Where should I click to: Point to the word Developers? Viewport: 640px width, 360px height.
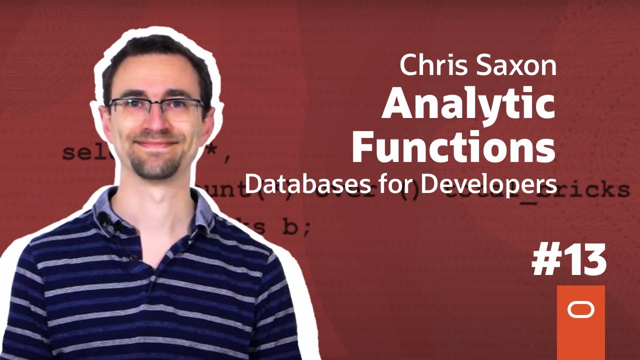[488, 185]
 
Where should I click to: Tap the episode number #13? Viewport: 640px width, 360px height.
[569, 261]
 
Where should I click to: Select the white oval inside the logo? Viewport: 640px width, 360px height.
[580, 310]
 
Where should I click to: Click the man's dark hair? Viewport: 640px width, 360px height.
[155, 55]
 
